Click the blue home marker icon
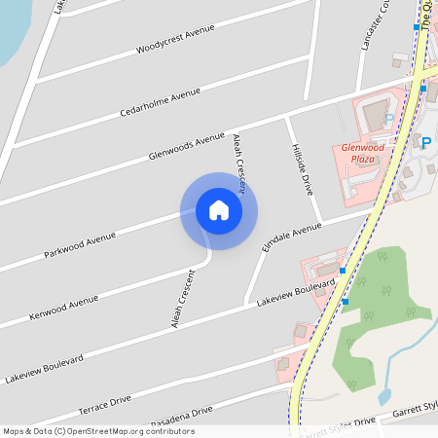(x=218, y=210)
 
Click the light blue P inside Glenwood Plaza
(x=389, y=119)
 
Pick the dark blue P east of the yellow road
(x=425, y=143)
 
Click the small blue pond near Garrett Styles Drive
(x=383, y=397)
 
